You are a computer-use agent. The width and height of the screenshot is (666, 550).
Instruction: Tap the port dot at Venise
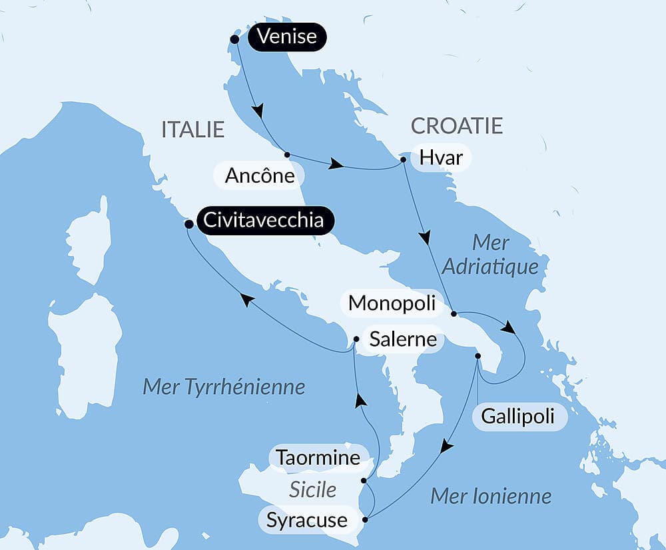(x=234, y=39)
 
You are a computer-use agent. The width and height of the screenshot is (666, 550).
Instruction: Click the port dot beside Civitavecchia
(x=188, y=225)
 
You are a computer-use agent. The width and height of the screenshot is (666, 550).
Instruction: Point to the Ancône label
(x=260, y=176)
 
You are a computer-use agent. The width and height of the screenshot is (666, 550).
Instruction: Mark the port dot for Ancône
(x=287, y=155)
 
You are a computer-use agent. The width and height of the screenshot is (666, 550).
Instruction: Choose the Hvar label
(x=442, y=158)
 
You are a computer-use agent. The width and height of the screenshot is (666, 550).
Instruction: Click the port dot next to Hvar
(x=404, y=160)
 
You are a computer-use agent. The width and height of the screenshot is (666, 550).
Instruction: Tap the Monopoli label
(x=392, y=303)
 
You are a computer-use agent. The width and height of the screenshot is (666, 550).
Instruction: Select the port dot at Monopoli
(x=454, y=313)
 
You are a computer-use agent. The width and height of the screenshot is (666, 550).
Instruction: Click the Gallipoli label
(x=519, y=417)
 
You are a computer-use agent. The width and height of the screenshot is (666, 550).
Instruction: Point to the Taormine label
(x=318, y=458)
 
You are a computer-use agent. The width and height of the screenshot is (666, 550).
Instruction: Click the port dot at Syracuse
(x=365, y=519)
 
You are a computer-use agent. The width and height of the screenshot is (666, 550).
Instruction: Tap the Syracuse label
(x=306, y=520)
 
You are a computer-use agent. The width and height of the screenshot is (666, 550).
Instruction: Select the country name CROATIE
(x=456, y=125)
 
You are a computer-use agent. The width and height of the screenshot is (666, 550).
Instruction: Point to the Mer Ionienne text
(x=491, y=495)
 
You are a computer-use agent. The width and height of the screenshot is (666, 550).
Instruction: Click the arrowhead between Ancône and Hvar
(x=337, y=163)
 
